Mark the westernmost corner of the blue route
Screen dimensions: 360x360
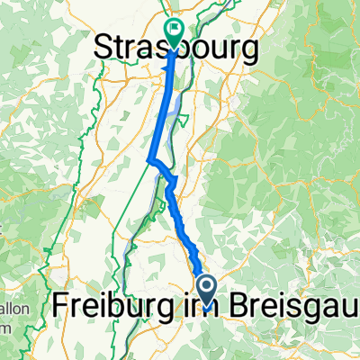click(x=148, y=161)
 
